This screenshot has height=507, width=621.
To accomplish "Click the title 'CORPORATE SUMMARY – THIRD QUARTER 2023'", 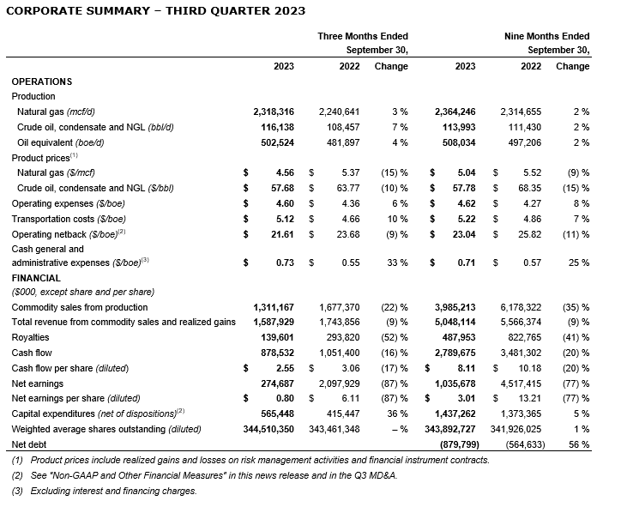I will click(x=154, y=11).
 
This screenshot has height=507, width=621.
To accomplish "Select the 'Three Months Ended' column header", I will click(x=363, y=36).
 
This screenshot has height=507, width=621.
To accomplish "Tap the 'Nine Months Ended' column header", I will click(x=546, y=36).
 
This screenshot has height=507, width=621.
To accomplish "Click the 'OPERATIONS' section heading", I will click(x=42, y=81).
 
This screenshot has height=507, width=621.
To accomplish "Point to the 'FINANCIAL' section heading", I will click(x=36, y=278).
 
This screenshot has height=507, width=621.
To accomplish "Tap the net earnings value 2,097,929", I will click(x=341, y=383).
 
